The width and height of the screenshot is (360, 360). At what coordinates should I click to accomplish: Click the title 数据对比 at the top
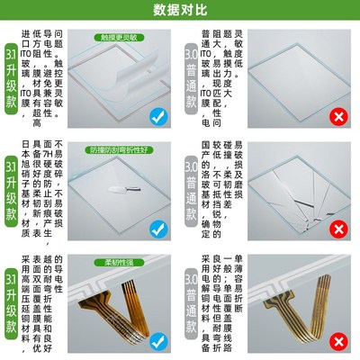coord(180,12)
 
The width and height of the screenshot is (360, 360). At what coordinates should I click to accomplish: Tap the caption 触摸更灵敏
coord(119,38)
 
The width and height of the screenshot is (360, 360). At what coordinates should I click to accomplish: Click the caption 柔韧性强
coord(119,261)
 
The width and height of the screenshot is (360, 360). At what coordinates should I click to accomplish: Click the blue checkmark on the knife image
coord(157,230)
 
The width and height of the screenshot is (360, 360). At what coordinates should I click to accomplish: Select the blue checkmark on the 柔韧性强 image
coord(157,342)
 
